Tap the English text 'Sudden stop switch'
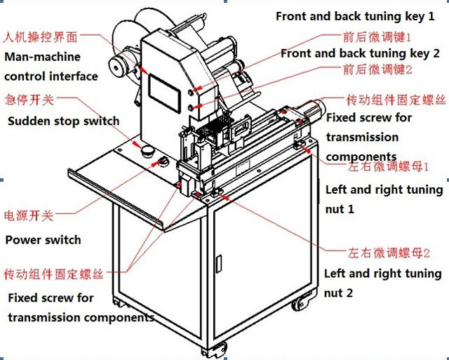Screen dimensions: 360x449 coord(64,121)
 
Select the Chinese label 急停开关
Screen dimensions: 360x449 coord(29,100)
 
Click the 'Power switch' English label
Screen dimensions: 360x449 coord(43,240)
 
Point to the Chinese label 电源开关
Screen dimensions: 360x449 coord(29,215)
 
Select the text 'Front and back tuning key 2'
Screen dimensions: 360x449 coord(360,53)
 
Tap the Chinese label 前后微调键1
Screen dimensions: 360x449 coord(377,35)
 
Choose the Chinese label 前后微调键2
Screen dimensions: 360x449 coord(377,69)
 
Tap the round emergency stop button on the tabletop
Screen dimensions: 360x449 coord(147,150)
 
